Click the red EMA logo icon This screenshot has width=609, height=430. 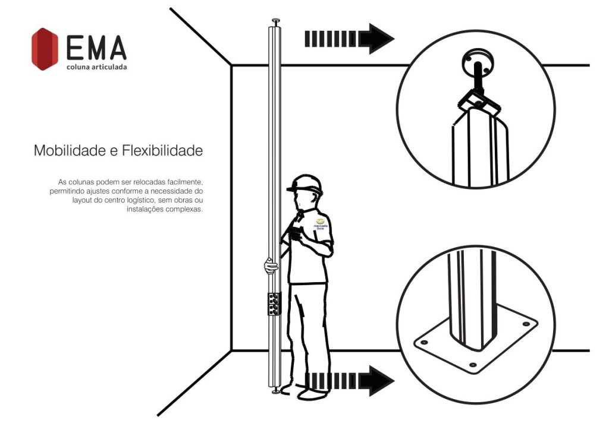[45, 49]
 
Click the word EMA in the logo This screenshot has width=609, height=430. [96, 48]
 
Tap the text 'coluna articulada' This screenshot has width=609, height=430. [96, 67]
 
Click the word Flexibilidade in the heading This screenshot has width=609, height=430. [162, 151]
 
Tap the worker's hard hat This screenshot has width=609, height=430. [304, 184]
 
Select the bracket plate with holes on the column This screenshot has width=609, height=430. [274, 305]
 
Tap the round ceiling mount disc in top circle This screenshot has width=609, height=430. [476, 62]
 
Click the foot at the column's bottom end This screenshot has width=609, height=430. [275, 391]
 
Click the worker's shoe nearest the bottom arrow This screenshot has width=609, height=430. [312, 393]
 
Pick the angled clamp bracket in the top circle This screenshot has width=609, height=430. [476, 100]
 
